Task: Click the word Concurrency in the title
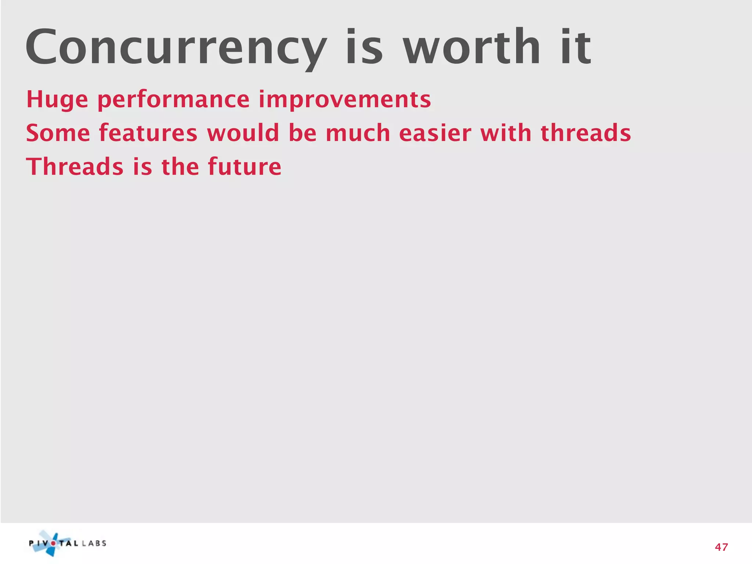[x=176, y=48]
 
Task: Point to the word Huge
[x=57, y=100]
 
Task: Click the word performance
[x=173, y=100]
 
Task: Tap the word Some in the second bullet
[x=58, y=133]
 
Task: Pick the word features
[x=148, y=133]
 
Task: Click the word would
[x=243, y=133]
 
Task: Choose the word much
[x=358, y=133]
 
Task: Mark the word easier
[x=435, y=133]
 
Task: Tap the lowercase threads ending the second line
[x=586, y=133]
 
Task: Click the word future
[x=245, y=167]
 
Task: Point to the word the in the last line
[x=180, y=167]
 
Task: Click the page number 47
[x=721, y=547]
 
